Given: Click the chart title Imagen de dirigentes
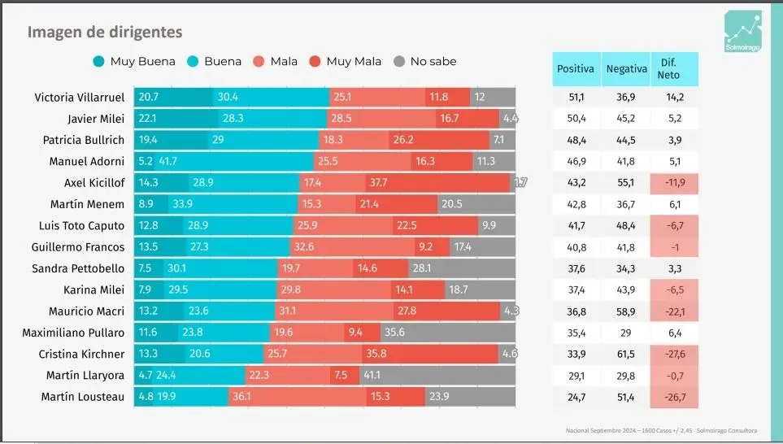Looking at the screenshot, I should tap(105, 32).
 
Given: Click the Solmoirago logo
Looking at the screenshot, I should tap(743, 32).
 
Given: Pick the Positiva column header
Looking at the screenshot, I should tap(576, 69).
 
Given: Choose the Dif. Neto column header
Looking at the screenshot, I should tap(674, 69).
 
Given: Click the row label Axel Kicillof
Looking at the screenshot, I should tap(94, 182).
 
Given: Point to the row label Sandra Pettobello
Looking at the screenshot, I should tap(78, 268).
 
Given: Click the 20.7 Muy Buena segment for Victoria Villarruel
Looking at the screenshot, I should tap(174, 97).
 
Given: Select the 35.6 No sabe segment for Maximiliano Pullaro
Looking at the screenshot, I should tap(447, 333).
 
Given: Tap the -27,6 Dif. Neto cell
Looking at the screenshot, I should tap(675, 354).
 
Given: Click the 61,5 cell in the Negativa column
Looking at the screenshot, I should tap(626, 354).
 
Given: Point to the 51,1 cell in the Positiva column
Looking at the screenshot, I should tap(576, 97).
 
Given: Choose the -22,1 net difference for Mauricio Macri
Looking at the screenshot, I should tap(675, 311).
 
